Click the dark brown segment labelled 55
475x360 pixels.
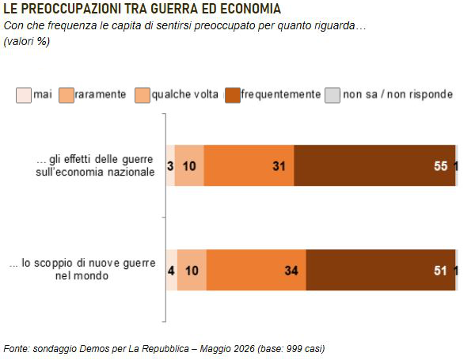374,165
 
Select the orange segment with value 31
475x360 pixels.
249,165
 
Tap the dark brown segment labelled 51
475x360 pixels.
381,270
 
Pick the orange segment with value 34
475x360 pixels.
256,270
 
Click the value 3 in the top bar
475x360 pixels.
170,166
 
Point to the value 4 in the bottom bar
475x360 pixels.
171,271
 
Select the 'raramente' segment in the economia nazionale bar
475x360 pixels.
189,165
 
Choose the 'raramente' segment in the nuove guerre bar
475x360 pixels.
192,270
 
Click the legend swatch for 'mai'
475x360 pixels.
24,96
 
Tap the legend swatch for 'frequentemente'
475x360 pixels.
233,96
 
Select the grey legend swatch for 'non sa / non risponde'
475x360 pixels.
332,96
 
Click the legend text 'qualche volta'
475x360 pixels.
184,94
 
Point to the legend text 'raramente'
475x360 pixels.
101,94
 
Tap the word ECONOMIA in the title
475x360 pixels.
250,9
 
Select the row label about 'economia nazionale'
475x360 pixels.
95,165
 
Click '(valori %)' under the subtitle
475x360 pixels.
27,41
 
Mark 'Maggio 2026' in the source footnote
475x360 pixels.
227,349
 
